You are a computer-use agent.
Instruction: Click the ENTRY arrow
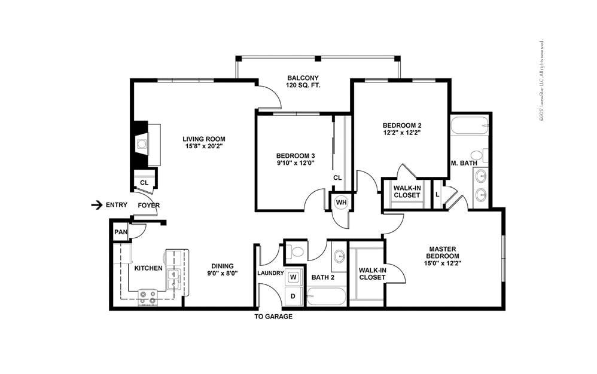[96, 205]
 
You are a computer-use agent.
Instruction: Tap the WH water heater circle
[341, 202]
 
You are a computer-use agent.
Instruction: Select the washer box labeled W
[294, 277]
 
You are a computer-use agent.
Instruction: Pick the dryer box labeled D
[294, 296]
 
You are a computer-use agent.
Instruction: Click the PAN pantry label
[121, 232]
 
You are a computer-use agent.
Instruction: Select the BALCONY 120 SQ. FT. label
[304, 82]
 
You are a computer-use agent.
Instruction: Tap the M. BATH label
[464, 163]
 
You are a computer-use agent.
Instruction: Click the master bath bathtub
[470, 126]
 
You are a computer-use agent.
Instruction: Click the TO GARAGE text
[273, 317]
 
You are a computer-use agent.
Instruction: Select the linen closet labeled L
[438, 194]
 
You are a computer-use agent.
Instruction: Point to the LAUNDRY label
[270, 273]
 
